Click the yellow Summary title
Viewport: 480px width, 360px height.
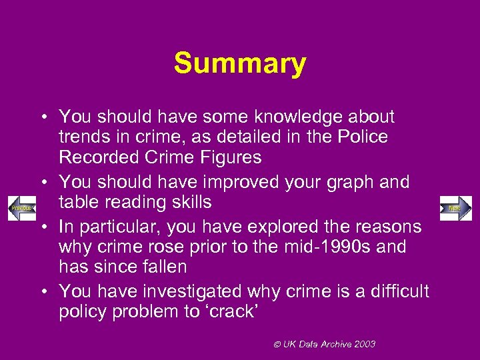coord(240,64)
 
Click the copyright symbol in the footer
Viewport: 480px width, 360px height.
coord(277,344)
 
